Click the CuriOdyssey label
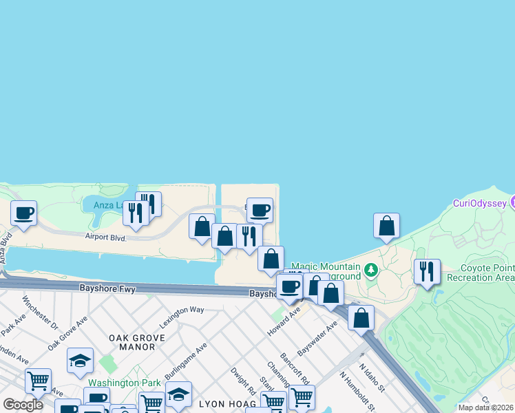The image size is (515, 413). tap(480, 202)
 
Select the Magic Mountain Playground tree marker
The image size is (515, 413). tap(372, 269)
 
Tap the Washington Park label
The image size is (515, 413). tap(123, 383)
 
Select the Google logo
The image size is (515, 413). tap(23, 405)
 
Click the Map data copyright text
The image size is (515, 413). tap(485, 407)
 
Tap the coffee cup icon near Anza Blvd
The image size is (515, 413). tap(23, 213)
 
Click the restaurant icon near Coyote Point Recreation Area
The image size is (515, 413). tap(427, 271)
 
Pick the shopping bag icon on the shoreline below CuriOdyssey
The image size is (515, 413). tap(386, 225)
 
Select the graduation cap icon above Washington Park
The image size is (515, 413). tap(80, 360)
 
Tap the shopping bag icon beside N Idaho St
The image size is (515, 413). tap(361, 318)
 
